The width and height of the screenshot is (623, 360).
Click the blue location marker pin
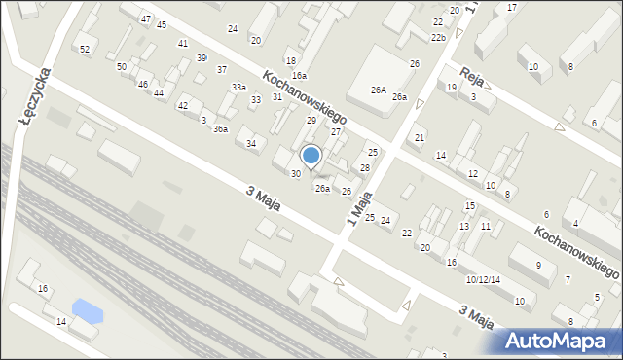pyautogui.click(x=311, y=156)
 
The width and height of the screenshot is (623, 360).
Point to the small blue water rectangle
pyautogui.click(x=88, y=311)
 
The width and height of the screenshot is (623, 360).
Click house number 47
pyautogui.click(x=145, y=19)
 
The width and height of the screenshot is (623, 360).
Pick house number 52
pyautogui.click(x=85, y=49)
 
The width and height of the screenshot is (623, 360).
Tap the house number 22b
pyautogui.click(x=439, y=38)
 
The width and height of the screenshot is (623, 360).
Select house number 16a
pyautogui.click(x=299, y=75)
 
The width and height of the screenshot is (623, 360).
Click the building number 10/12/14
pyautogui.click(x=483, y=280)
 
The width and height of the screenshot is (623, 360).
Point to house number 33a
pyautogui.click(x=238, y=88)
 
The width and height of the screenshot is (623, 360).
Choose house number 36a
pyautogui.click(x=221, y=129)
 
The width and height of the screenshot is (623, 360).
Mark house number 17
pyautogui.click(x=512, y=8)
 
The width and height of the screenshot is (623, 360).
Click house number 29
pyautogui.click(x=311, y=120)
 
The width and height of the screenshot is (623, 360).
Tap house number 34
pyautogui.click(x=251, y=144)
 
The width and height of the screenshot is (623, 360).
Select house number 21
pyautogui.click(x=420, y=138)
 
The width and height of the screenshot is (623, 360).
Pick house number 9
pyautogui.click(x=538, y=266)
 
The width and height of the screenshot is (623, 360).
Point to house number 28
pyautogui.click(x=365, y=168)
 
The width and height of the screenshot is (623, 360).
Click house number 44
pyautogui.click(x=159, y=92)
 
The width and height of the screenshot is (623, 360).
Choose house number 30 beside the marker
pyautogui.click(x=296, y=174)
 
